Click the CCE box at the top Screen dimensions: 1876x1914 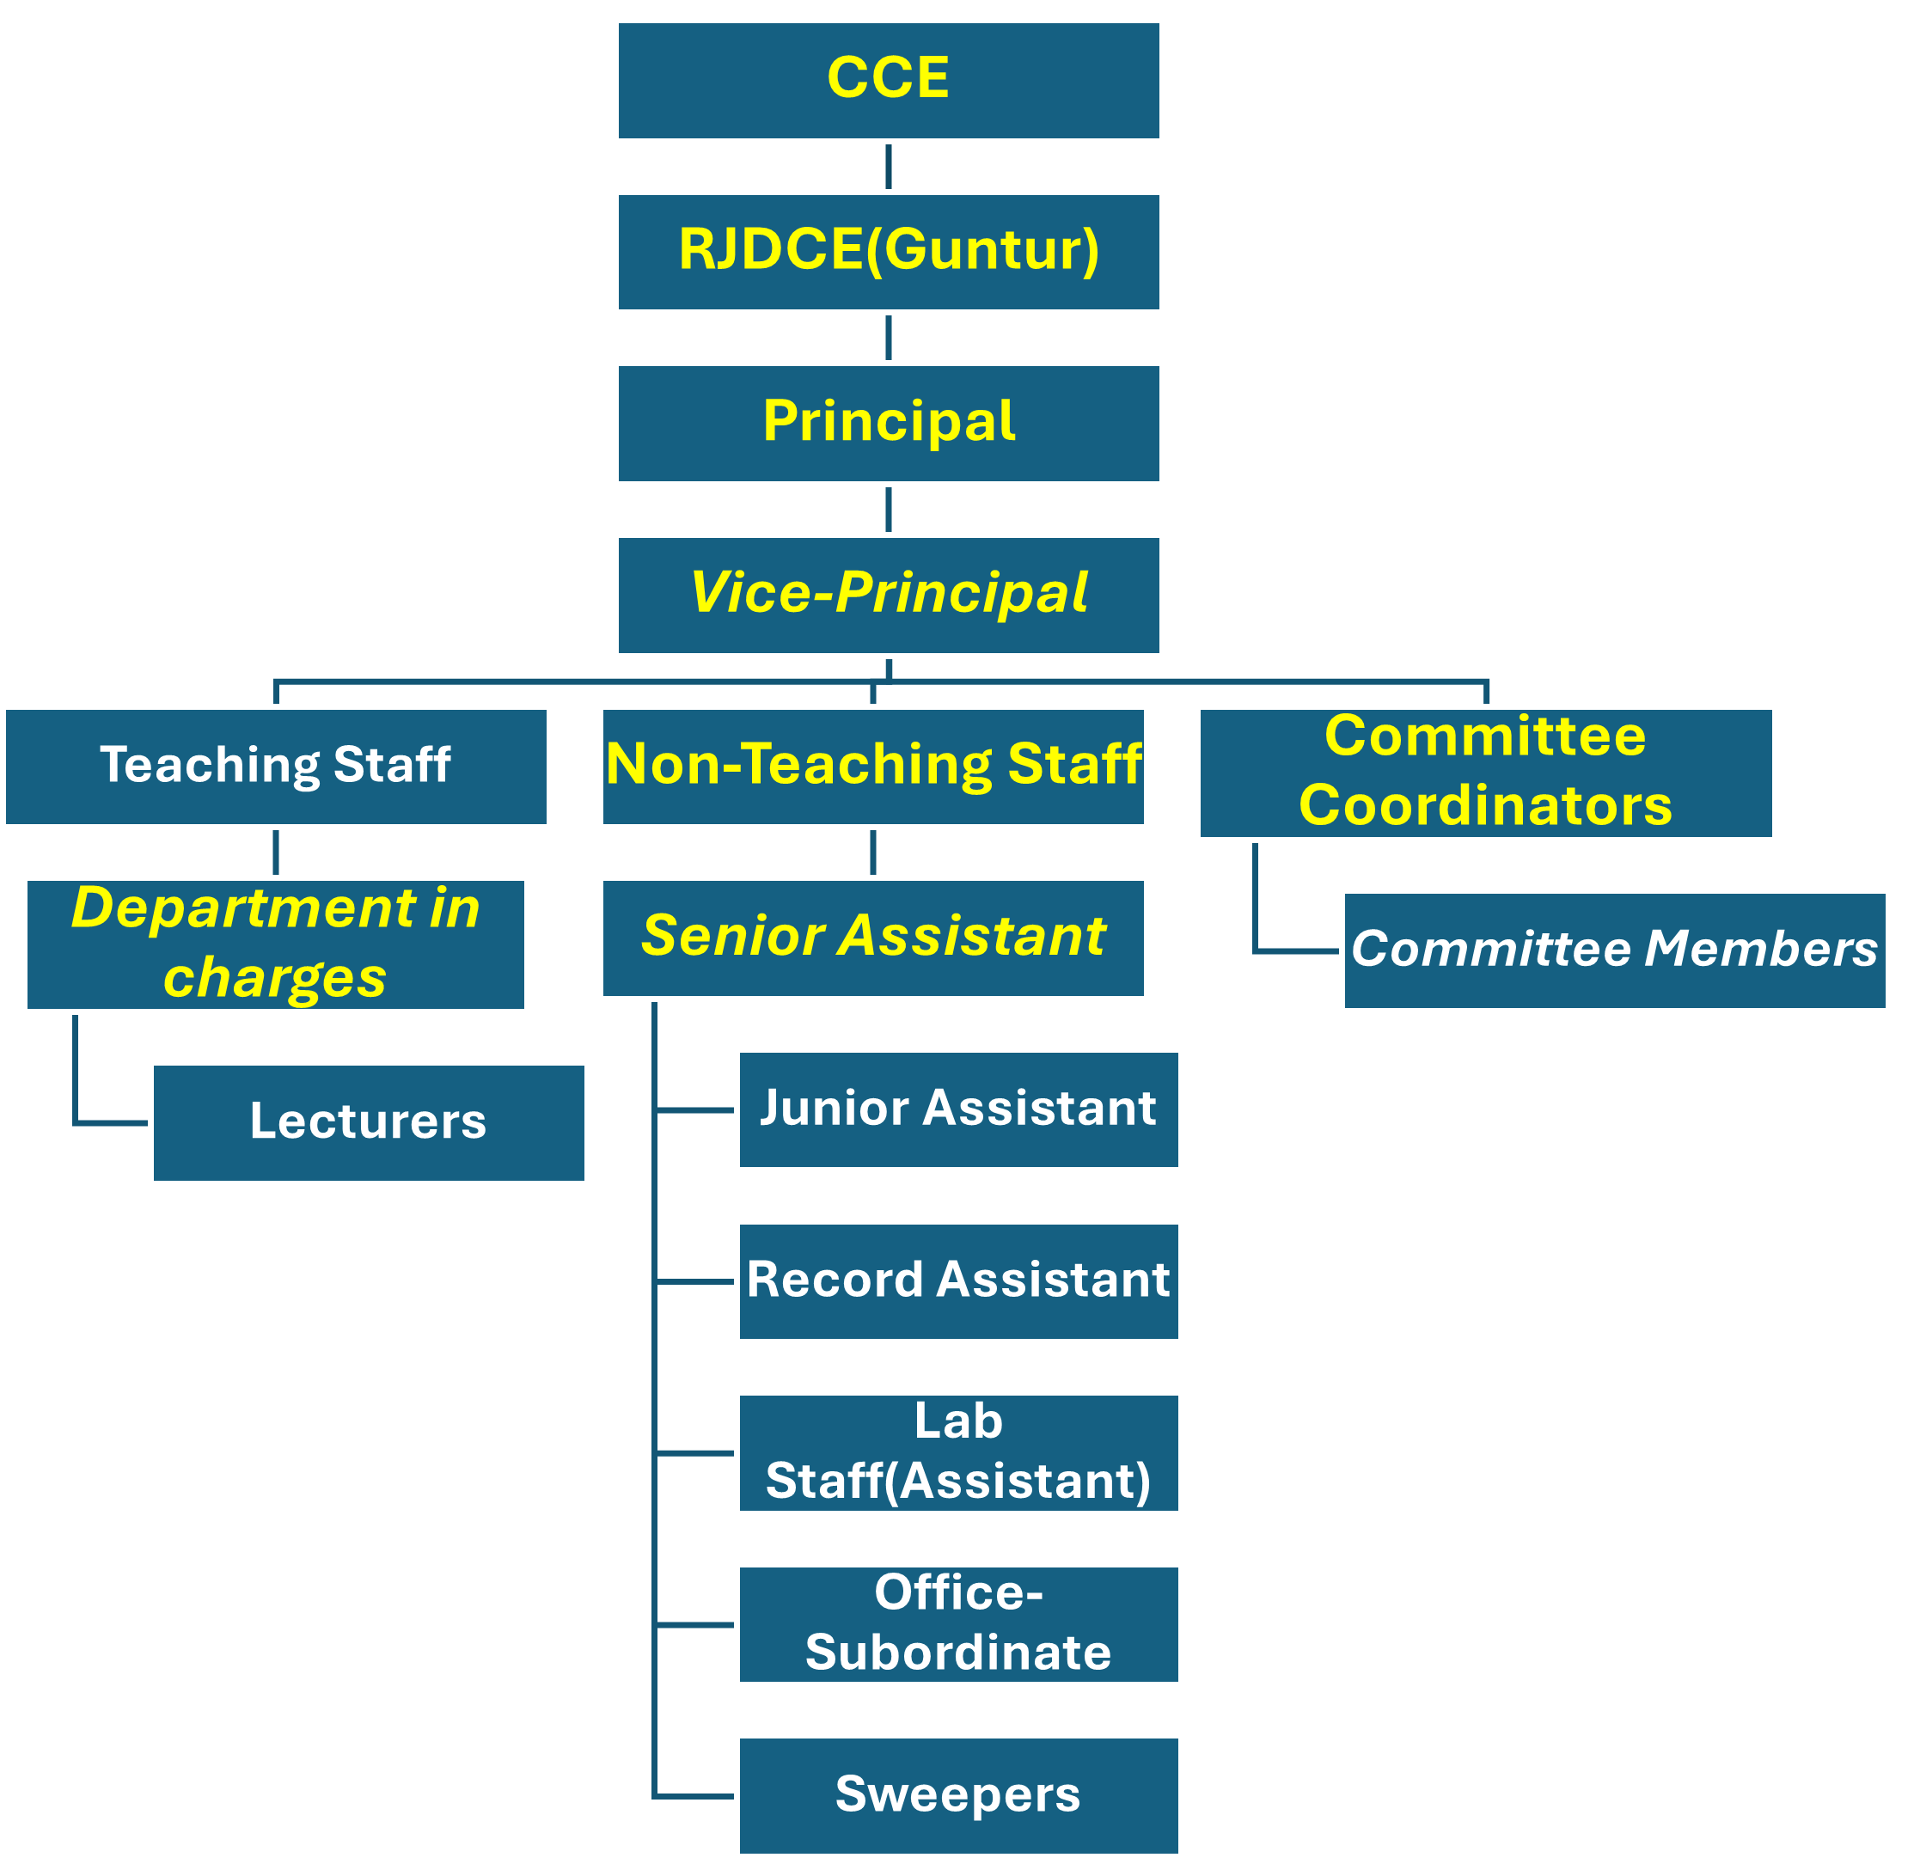(888, 81)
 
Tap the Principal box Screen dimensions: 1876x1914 (888, 424)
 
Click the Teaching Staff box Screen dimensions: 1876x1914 (276, 767)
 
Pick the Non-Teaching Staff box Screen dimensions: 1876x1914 (873, 767)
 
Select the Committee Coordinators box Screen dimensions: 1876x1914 (1485, 773)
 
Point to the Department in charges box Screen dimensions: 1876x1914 (276, 944)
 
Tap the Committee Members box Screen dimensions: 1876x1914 (1614, 950)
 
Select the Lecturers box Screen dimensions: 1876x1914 (369, 1122)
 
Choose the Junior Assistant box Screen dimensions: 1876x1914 (958, 1109)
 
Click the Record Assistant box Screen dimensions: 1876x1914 (958, 1280)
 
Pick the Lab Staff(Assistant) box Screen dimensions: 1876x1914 (958, 1452)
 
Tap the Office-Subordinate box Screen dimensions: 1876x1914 (958, 1623)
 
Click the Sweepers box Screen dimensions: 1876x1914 (958, 1795)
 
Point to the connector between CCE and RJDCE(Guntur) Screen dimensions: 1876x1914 (888, 167)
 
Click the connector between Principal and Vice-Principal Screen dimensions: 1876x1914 (888, 510)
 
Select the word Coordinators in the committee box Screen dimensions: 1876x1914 (1485, 806)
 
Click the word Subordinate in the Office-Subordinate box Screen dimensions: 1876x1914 (958, 1653)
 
